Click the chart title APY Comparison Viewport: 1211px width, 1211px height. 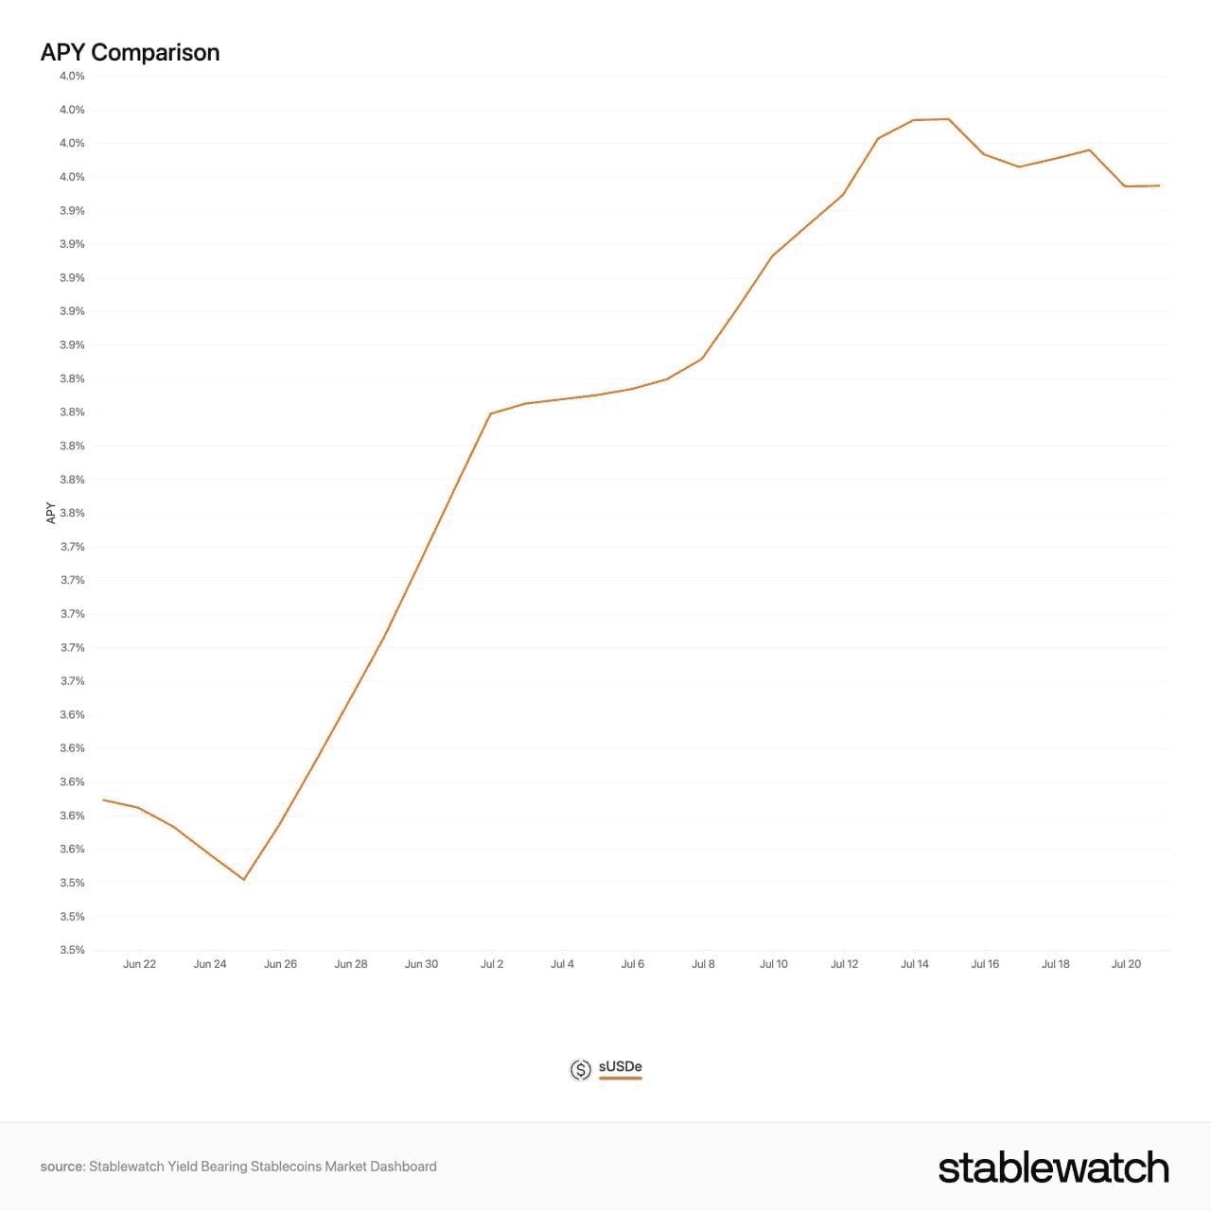[x=130, y=53]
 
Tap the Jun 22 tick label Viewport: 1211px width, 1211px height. [x=139, y=963]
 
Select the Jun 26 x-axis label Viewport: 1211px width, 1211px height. [x=280, y=963]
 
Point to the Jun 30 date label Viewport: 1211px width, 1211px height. [x=421, y=963]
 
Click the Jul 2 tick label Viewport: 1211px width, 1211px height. [x=491, y=963]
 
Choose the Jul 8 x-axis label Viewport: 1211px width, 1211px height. [x=703, y=963]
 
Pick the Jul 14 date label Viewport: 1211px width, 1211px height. [x=914, y=963]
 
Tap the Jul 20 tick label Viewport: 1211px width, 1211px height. [x=1126, y=963]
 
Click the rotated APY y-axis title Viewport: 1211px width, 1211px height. [x=51, y=513]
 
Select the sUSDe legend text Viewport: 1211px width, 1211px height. [x=621, y=1066]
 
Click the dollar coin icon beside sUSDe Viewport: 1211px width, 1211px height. [x=580, y=1070]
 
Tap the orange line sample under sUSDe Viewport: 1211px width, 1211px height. [x=621, y=1079]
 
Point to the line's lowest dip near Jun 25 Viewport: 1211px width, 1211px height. [x=244, y=879]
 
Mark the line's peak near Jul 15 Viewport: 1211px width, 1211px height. [x=949, y=119]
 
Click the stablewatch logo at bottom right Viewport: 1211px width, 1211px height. [x=1054, y=1167]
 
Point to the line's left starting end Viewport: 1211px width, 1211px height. [x=103, y=799]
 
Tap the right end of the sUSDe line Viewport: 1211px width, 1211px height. [x=1160, y=185]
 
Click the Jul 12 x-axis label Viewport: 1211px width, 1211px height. [x=844, y=963]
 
